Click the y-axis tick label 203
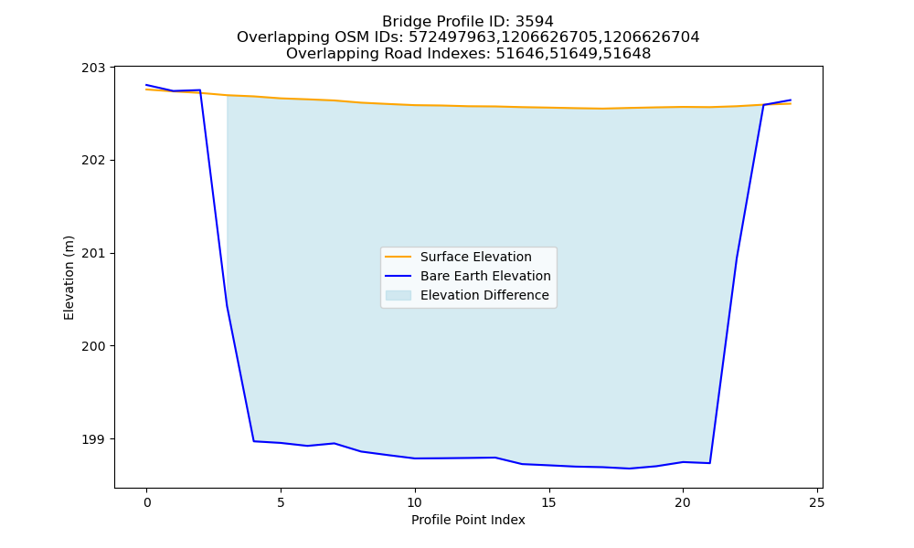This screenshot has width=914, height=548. (x=93, y=68)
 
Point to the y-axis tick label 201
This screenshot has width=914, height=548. (x=93, y=253)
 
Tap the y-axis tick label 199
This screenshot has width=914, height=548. (x=93, y=439)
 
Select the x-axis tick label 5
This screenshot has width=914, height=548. (x=281, y=502)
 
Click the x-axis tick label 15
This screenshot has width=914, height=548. (x=548, y=502)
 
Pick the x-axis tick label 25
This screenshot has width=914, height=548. (x=816, y=502)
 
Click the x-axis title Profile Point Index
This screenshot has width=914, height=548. (x=468, y=520)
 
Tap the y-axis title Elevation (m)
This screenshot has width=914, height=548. (x=69, y=278)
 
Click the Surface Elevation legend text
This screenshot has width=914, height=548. (x=475, y=257)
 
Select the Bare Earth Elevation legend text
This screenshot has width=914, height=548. (x=485, y=276)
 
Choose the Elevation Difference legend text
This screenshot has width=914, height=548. (x=484, y=295)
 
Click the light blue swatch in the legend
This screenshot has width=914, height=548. (x=399, y=295)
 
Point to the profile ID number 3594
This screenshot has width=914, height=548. (x=535, y=22)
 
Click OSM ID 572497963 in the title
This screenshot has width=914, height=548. (x=452, y=37)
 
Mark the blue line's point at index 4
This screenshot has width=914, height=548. (x=253, y=441)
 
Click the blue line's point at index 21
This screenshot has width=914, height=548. (x=709, y=463)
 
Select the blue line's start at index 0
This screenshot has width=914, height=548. (x=147, y=85)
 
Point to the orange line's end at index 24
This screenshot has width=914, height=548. (x=791, y=103)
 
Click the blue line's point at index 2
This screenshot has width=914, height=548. (x=200, y=90)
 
